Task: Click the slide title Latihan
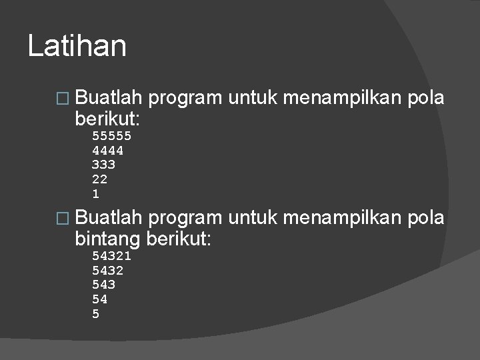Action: click(77, 47)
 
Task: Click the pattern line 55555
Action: click(111, 135)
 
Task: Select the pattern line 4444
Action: click(107, 150)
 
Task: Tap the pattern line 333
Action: click(103, 165)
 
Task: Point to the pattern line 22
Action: click(99, 179)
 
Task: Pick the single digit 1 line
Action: click(95, 194)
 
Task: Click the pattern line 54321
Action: click(111, 255)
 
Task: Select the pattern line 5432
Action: click(107, 270)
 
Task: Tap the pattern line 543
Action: click(103, 285)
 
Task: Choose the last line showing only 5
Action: click(95, 314)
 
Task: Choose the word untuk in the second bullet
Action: click(254, 217)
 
